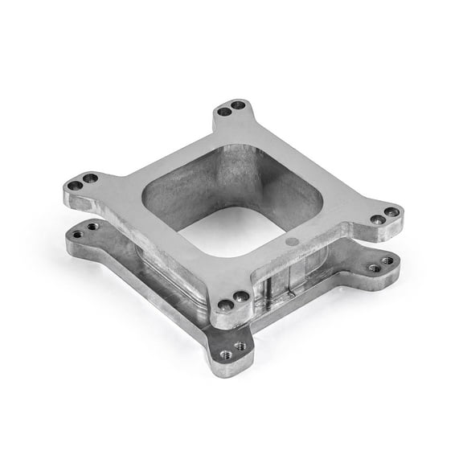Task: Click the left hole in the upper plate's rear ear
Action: (x=225, y=111)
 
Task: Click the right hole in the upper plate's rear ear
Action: (x=238, y=104)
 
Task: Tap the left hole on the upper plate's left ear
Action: (x=75, y=186)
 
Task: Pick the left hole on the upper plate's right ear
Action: (x=376, y=219)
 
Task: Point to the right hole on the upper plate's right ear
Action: (x=391, y=212)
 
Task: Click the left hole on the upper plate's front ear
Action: (x=226, y=305)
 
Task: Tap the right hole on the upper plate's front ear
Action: (x=241, y=297)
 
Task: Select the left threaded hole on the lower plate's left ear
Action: (x=78, y=235)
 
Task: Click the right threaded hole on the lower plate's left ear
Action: (x=93, y=227)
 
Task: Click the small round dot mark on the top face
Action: (x=292, y=240)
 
